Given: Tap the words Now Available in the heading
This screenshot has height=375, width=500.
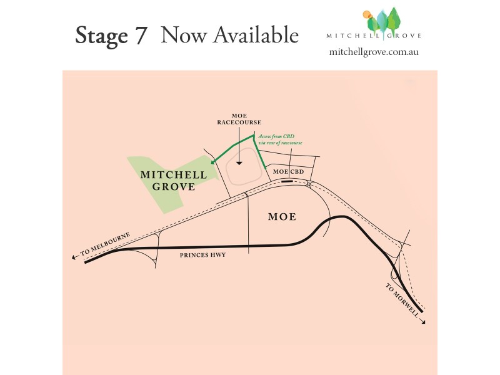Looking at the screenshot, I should click(229, 35).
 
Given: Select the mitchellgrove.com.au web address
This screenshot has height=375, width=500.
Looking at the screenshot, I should click(373, 52).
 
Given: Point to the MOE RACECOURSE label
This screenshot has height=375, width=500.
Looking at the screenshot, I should click(238, 119).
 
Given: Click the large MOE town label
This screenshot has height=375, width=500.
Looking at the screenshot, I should click(281, 217).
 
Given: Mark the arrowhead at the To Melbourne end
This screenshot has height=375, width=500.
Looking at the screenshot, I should click(76, 257).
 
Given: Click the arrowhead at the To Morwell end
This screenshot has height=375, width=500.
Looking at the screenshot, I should click(424, 322).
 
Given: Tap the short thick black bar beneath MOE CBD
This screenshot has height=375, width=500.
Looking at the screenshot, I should click(287, 181).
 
